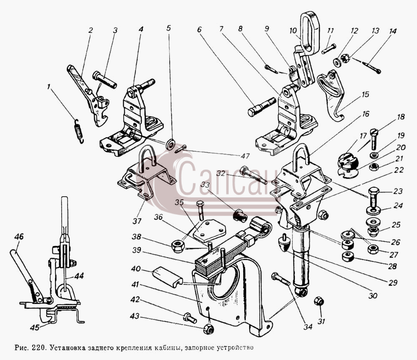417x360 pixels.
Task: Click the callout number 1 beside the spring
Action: pyautogui.click(x=48, y=87)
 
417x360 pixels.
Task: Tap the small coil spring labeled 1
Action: pyautogui.click(x=78, y=131)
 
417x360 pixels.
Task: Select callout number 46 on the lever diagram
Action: pyautogui.click(x=19, y=236)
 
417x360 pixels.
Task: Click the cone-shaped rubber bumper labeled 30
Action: pyautogui.click(x=284, y=242)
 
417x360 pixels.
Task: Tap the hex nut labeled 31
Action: pyautogui.click(x=318, y=301)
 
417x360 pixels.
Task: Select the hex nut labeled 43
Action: pyautogui.click(x=209, y=329)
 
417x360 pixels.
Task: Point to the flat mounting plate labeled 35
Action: pyautogui.click(x=209, y=230)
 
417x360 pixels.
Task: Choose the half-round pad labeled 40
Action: pyautogui.click(x=167, y=277)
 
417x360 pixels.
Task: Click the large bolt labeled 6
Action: pyautogui.click(x=261, y=107)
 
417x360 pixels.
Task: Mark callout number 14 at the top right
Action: pyautogui.click(x=392, y=31)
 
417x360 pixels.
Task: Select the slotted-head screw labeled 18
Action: pyautogui.click(x=374, y=139)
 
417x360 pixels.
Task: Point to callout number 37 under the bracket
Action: pyautogui.click(x=137, y=220)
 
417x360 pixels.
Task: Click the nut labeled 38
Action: pyautogui.click(x=177, y=247)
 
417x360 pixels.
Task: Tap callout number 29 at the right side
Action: pyautogui.click(x=393, y=282)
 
